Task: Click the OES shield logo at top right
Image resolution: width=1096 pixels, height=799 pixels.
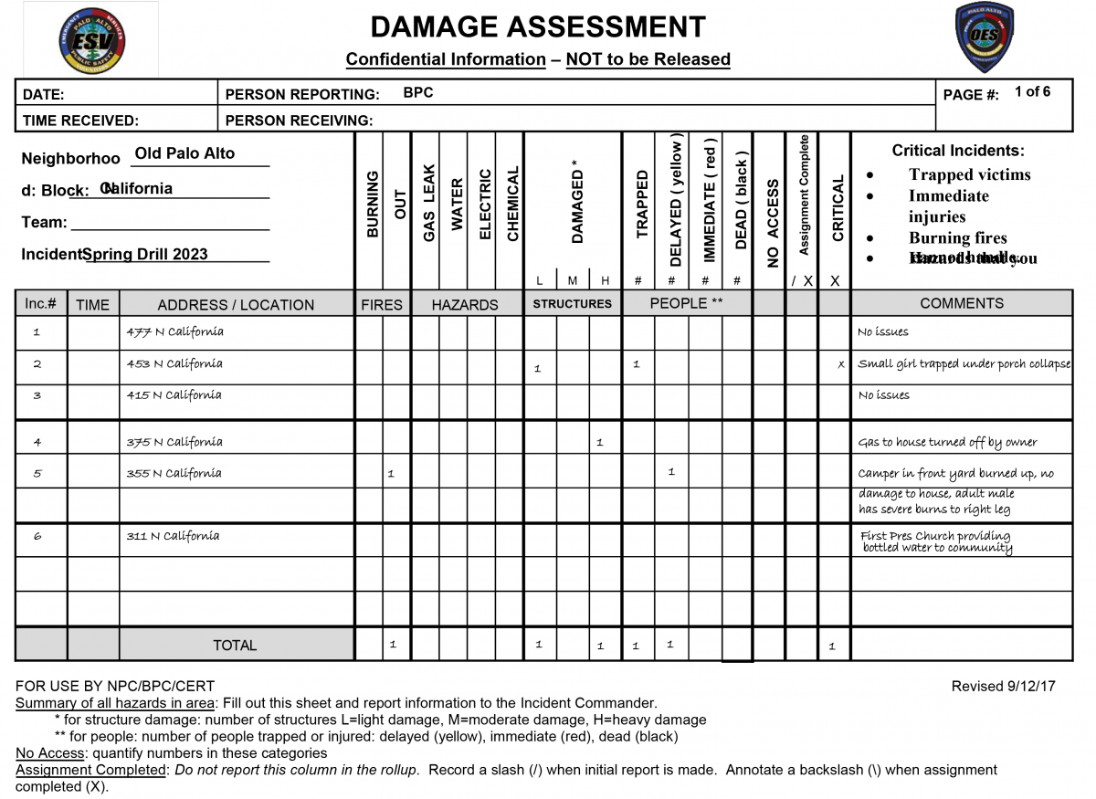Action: tap(984, 37)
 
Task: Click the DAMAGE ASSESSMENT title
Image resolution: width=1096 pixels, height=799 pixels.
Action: tap(538, 26)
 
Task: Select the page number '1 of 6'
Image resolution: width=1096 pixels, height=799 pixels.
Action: tap(1032, 91)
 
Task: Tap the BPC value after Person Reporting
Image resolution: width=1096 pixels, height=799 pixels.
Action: tap(418, 93)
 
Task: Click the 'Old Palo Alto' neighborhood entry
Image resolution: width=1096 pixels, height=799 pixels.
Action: tap(184, 153)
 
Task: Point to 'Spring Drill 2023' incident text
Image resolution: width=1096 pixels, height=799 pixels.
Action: tap(145, 255)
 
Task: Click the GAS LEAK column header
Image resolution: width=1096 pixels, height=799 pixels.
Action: tap(428, 203)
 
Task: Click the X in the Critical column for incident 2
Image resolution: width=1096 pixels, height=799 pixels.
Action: tap(841, 365)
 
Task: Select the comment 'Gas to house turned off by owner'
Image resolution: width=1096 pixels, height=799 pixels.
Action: tap(947, 443)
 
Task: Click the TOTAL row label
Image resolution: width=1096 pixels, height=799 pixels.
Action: tap(235, 645)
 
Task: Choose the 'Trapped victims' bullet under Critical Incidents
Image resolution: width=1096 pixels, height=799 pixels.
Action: tap(969, 175)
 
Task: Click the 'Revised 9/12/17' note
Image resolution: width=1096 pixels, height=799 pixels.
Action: tap(1003, 686)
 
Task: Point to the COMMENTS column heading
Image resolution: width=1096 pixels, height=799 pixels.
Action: tap(961, 303)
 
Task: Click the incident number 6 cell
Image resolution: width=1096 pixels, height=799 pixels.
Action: tap(38, 537)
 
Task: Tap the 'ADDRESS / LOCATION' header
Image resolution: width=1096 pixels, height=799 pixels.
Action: tap(236, 305)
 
